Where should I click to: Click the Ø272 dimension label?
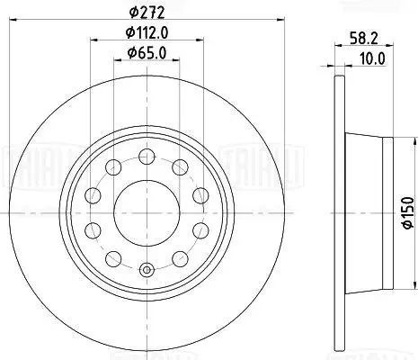tap(147, 13)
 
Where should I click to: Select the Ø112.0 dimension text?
tap(147, 32)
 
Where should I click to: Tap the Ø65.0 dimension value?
tap(147, 53)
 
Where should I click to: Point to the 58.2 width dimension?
tap(364, 39)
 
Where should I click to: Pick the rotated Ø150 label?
tap(408, 212)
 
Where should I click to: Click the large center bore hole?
tap(147, 212)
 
